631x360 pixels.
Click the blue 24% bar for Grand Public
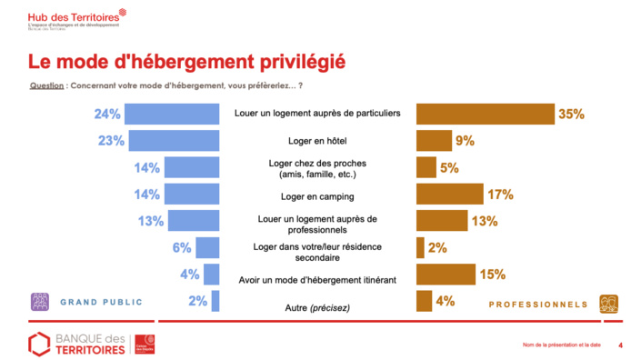172,115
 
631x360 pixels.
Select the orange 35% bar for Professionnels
486,115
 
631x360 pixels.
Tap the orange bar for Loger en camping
449,194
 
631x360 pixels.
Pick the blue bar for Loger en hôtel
175,141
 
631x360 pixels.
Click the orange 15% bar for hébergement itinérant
446,274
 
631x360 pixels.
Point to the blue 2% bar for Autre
215,301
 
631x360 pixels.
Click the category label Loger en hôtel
317,142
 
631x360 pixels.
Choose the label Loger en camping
317,195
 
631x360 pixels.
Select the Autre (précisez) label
317,308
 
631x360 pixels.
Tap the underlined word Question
46,85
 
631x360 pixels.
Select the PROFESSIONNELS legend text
540,304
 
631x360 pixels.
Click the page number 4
620,345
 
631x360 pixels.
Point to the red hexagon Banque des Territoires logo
38,345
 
